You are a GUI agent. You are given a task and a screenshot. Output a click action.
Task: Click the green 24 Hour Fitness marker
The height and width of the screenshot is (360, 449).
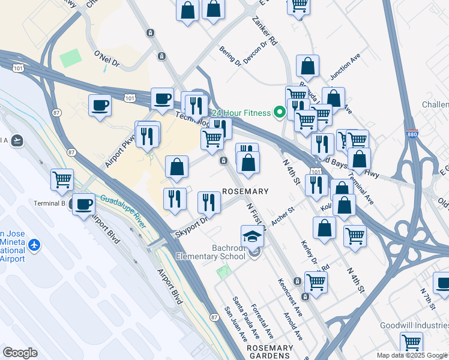(x=279, y=112)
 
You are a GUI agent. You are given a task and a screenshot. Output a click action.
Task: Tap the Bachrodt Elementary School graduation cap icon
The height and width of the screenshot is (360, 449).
(x=253, y=237)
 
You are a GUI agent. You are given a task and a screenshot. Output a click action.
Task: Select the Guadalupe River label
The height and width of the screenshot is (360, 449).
(x=123, y=212)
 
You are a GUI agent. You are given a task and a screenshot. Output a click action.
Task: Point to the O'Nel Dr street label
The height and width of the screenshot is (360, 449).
(x=107, y=57)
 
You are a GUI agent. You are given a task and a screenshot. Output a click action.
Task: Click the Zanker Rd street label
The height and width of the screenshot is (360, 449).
(x=265, y=32)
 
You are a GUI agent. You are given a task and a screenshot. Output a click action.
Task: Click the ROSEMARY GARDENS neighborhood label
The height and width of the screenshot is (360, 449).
(x=270, y=352)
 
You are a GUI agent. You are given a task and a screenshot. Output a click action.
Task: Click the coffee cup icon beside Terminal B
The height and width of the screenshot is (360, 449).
(x=83, y=204)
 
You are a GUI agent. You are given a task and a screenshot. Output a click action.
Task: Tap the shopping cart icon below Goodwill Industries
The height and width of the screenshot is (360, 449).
(x=411, y=343)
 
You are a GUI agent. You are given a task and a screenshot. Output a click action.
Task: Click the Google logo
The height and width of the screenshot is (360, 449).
(x=20, y=353)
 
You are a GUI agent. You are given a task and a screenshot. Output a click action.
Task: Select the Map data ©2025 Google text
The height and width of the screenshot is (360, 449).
(x=412, y=355)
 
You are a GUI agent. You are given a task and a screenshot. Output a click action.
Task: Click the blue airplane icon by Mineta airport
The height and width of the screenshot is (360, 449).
(x=34, y=245)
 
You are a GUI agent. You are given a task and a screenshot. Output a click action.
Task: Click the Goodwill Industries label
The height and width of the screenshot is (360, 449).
(x=414, y=325)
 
